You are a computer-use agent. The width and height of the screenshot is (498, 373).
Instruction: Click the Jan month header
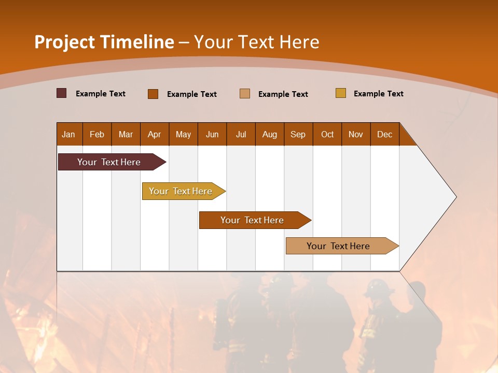(x=68, y=134)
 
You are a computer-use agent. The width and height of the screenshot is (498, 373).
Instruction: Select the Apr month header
(x=154, y=134)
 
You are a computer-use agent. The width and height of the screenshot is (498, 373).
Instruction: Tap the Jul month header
(x=241, y=134)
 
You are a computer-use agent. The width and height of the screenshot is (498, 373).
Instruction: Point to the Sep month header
(x=298, y=134)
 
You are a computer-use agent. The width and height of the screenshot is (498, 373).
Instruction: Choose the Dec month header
(x=384, y=134)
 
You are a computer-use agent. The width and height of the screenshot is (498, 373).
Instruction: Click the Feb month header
(x=97, y=134)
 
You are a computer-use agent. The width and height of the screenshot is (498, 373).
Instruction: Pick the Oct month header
(x=327, y=134)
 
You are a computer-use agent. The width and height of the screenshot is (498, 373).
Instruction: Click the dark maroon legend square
(x=62, y=93)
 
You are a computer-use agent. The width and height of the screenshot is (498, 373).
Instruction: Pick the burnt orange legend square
(x=153, y=94)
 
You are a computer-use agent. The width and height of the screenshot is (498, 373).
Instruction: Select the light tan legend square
(x=245, y=94)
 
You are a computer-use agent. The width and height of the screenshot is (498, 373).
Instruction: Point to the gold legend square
(x=341, y=93)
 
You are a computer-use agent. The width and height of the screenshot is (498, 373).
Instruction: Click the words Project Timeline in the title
(x=104, y=42)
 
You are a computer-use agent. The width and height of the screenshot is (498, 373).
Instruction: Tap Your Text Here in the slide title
(x=257, y=42)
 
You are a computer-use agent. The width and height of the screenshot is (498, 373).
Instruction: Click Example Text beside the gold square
(x=378, y=94)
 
